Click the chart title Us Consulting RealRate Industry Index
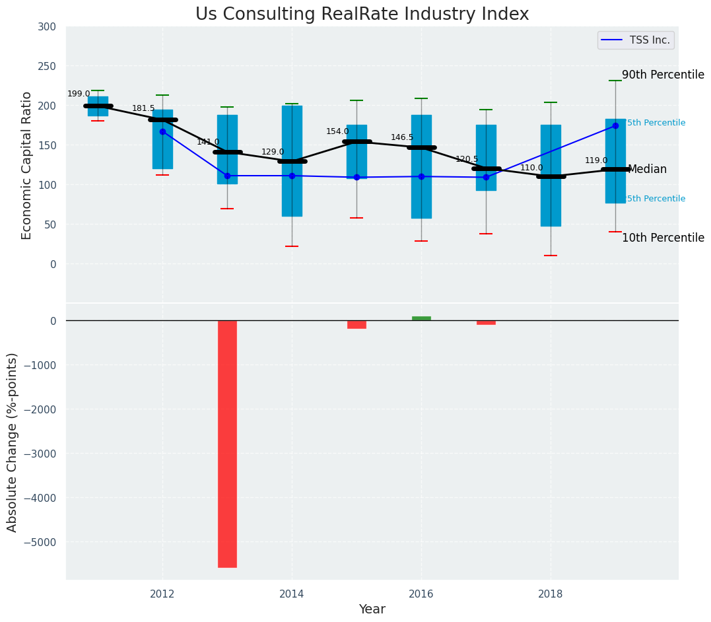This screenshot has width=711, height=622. click(x=362, y=15)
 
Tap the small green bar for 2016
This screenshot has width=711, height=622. click(x=421, y=318)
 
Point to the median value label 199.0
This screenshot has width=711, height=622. click(x=79, y=94)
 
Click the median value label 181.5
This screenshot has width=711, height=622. click(x=143, y=108)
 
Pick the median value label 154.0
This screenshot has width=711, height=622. click(x=337, y=131)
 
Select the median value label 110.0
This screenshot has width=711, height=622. click(x=531, y=168)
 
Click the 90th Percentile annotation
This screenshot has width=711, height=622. click(x=663, y=75)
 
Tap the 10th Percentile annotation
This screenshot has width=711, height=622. click(x=663, y=238)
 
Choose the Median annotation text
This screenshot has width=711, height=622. click(x=647, y=169)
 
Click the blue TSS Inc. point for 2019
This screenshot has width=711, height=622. click(x=615, y=125)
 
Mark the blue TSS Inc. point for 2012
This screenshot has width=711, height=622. click(x=162, y=131)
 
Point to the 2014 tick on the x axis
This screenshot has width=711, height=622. click(x=292, y=594)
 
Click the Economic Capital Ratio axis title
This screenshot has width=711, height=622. click(x=27, y=165)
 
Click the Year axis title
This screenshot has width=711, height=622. click(x=372, y=609)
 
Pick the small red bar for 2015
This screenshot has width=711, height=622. click(x=356, y=324)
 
